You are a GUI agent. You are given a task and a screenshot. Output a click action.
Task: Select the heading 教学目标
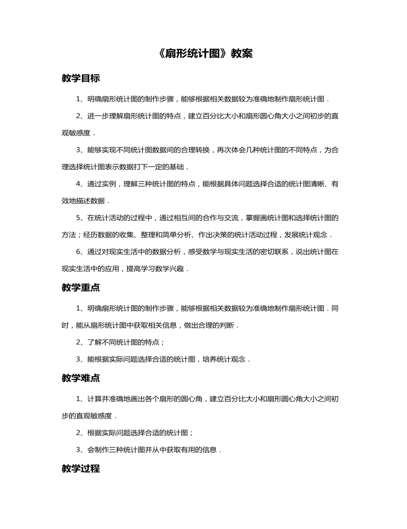[x=80, y=78]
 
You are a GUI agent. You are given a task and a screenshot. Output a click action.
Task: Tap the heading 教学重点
[x=80, y=288]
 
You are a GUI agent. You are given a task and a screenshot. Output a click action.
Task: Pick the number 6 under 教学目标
[x=79, y=252]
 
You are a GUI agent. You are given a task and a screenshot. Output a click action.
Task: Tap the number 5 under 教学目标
[x=79, y=218]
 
